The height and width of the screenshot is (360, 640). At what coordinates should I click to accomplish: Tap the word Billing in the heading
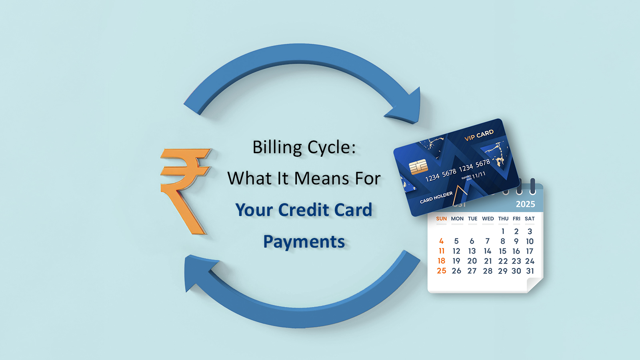(277, 147)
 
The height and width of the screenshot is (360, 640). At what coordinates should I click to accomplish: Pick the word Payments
(304, 242)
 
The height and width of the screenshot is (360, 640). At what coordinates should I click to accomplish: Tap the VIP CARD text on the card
(479, 135)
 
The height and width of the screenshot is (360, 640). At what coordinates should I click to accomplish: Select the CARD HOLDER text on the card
(436, 197)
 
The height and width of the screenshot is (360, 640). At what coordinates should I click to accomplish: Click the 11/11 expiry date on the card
(479, 175)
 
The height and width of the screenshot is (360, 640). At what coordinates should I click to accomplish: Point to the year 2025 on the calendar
(525, 204)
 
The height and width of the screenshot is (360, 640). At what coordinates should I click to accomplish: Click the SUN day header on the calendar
(441, 219)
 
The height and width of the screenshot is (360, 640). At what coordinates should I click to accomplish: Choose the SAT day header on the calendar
(530, 219)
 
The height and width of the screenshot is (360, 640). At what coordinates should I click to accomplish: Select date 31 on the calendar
(530, 271)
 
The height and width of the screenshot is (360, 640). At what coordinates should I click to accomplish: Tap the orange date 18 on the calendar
(441, 261)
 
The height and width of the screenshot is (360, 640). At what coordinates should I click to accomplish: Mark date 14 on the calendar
(487, 251)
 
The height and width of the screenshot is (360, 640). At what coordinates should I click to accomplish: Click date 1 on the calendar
(503, 231)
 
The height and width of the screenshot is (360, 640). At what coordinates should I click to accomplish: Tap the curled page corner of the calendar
(534, 285)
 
